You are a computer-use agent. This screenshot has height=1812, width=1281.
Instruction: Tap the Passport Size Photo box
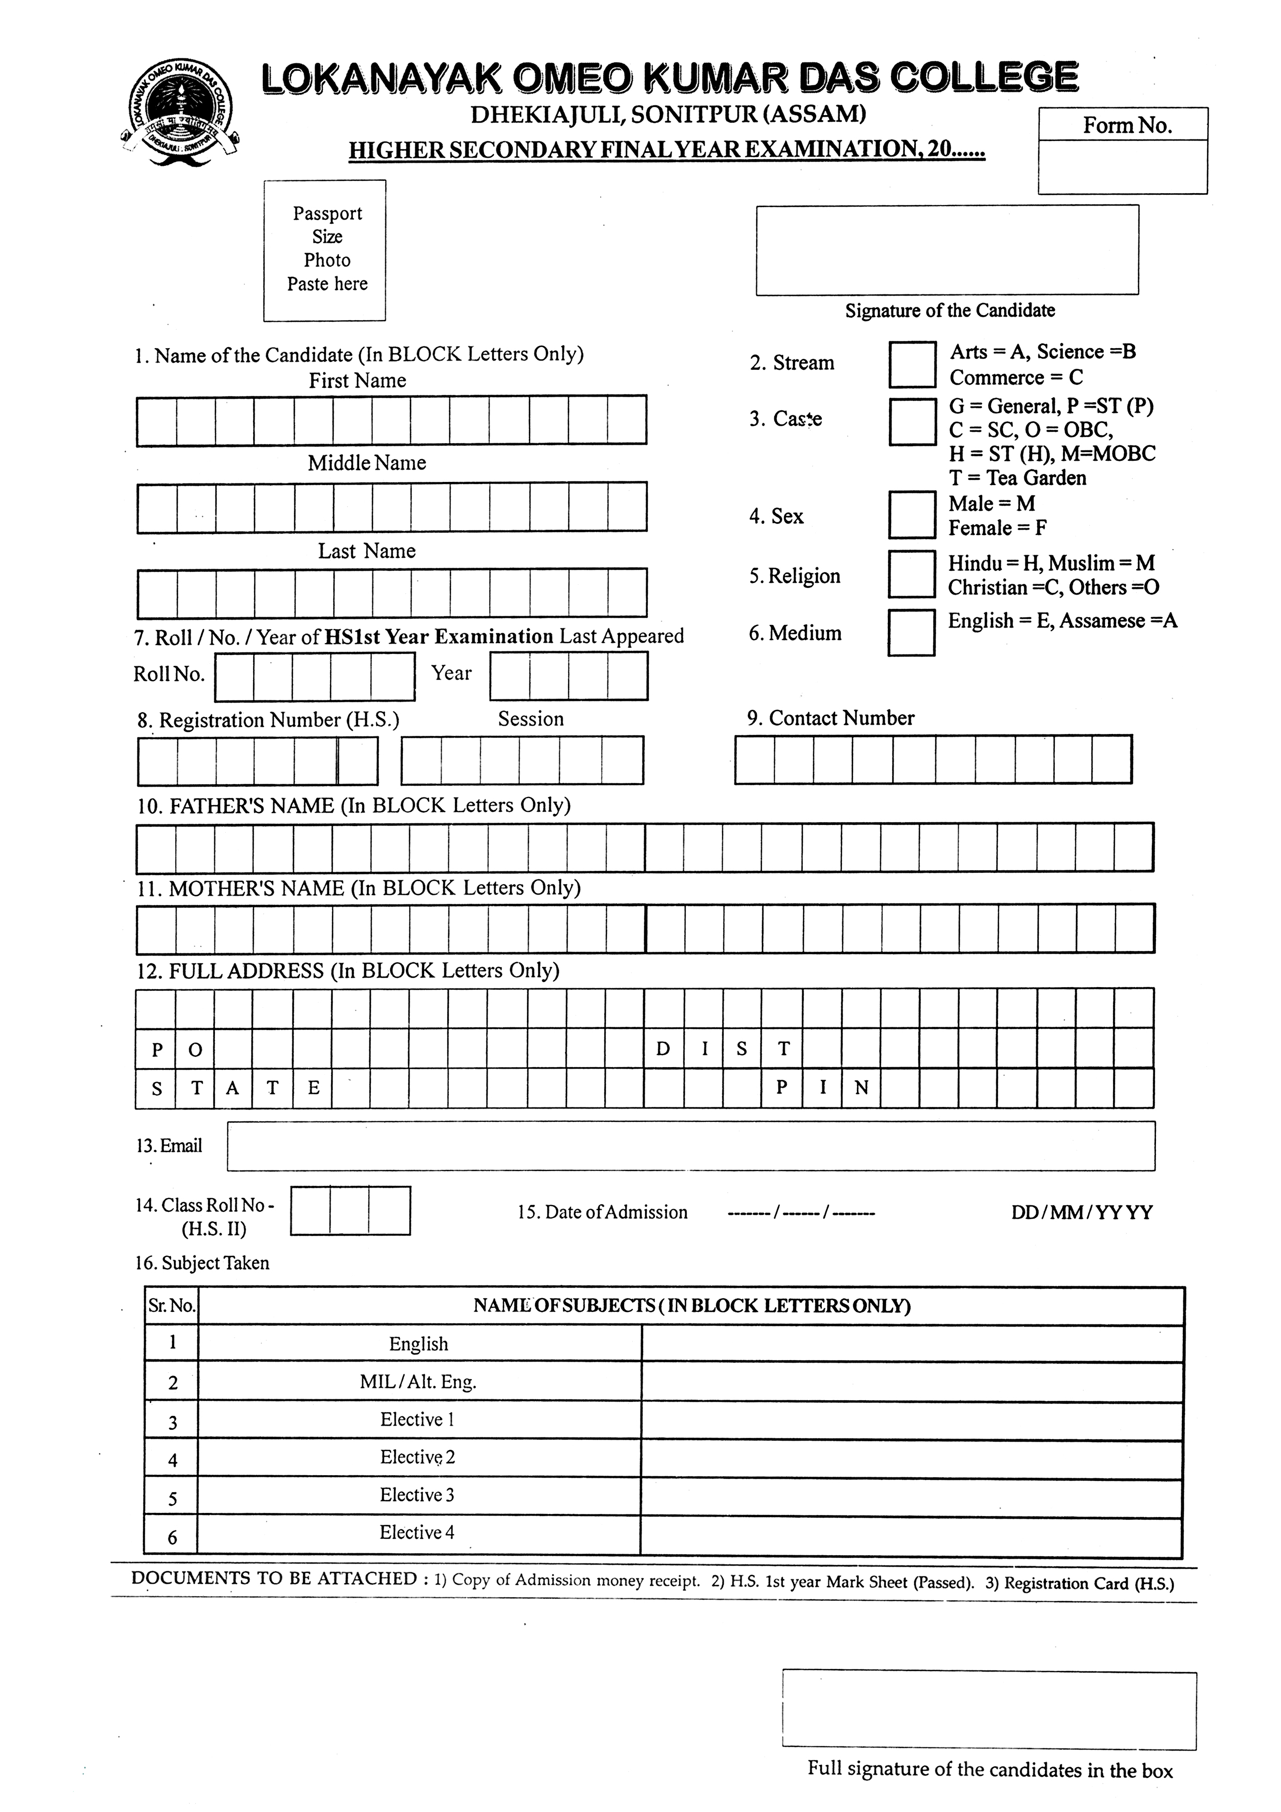click(324, 250)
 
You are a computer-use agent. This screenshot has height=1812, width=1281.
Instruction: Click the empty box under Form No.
click(1122, 166)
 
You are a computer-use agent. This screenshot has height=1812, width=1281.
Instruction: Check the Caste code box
click(912, 421)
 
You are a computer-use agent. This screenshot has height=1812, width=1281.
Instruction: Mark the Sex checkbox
click(912, 514)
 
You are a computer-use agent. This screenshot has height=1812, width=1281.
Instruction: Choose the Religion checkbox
click(912, 574)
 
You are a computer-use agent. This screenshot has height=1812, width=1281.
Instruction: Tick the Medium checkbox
click(912, 632)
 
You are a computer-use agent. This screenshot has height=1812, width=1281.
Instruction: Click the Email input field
click(691, 1145)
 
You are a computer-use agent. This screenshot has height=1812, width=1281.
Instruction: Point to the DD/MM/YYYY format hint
click(1081, 1212)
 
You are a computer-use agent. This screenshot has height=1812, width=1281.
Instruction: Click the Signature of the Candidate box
click(947, 250)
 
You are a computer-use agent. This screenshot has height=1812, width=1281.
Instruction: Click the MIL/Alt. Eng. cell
click(418, 1382)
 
